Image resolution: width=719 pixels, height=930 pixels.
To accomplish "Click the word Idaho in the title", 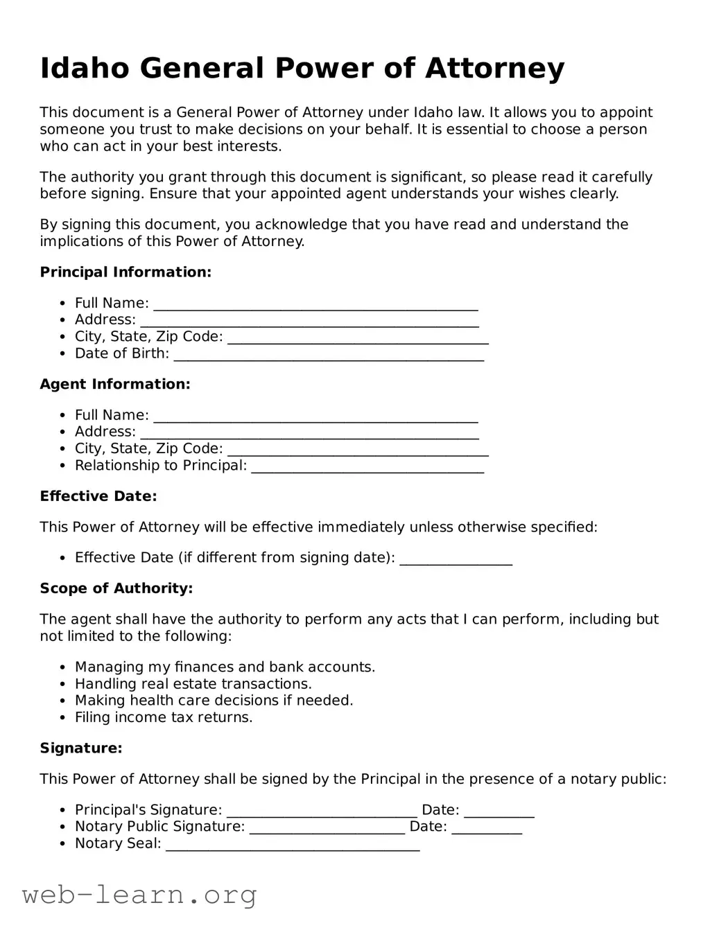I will point(84,69).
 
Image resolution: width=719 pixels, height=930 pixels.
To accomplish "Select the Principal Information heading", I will point(125,272).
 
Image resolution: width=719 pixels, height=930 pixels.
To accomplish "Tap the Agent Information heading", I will point(115,384).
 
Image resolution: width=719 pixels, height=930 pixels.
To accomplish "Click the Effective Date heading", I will point(98,496).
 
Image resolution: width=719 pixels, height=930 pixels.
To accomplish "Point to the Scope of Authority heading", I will point(116,588).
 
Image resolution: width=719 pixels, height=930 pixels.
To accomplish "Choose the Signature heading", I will point(81,748).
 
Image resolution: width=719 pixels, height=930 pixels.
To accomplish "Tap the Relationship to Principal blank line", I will point(367,468).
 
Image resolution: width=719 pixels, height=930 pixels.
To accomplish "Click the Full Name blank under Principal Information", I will point(315,306).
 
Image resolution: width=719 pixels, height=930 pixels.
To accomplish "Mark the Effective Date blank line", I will point(456,561).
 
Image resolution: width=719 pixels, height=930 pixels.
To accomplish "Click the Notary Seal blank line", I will point(293,846).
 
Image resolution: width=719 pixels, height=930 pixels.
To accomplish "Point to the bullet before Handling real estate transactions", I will point(62,684).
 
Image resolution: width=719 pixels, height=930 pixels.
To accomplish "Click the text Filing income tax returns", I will point(164,717).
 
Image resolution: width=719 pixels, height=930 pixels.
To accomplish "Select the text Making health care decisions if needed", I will point(214,701).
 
